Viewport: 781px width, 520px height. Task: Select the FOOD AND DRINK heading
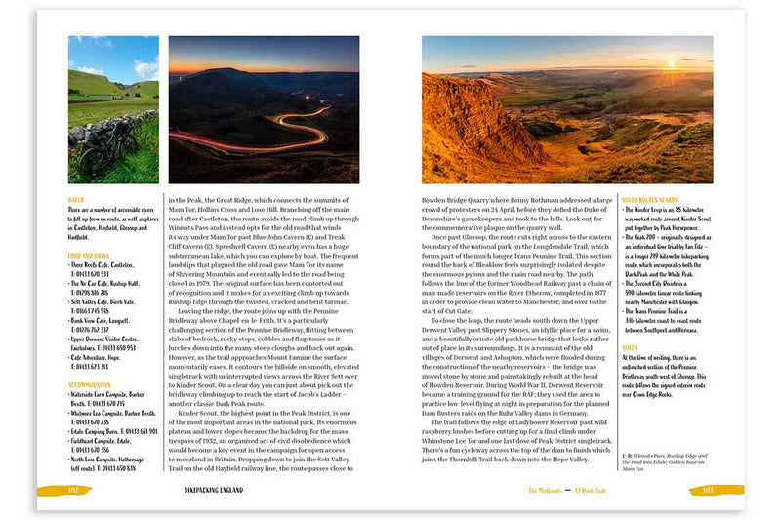(x=91, y=258)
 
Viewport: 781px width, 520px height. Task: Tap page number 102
(x=72, y=490)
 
